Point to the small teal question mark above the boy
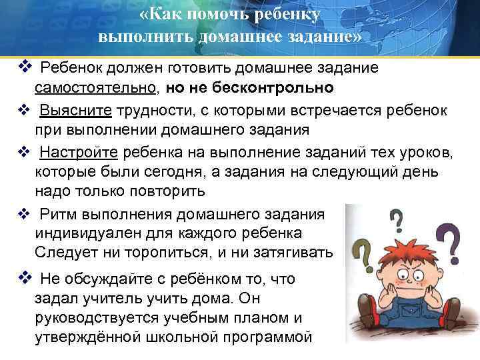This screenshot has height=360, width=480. coord(396,218)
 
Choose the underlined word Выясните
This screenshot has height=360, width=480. coord(77,110)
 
